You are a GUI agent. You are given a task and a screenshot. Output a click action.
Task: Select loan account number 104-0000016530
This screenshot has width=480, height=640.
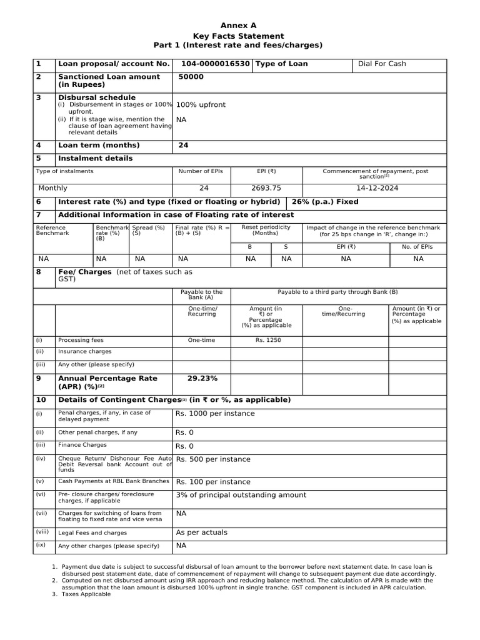[216, 64]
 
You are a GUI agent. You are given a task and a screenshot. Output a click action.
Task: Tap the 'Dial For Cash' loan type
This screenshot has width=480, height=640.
[382, 64]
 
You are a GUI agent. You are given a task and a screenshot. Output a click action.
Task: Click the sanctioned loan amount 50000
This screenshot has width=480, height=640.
[191, 77]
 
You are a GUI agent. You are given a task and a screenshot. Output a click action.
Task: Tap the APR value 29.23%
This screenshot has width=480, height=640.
[202, 378]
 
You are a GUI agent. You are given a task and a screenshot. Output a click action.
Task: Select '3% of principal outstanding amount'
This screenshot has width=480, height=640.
[241, 495]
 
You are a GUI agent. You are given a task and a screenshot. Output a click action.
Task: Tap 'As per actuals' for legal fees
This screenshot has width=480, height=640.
[202, 532]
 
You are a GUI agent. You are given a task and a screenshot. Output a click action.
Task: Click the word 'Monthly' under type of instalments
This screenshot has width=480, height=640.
[53, 188]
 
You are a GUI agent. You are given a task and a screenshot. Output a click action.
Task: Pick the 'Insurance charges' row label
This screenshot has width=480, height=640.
[81, 352]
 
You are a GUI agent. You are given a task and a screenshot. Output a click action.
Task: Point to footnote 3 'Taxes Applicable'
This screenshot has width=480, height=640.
[86, 594]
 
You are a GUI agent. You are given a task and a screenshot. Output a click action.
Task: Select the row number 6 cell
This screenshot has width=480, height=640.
[39, 202]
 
